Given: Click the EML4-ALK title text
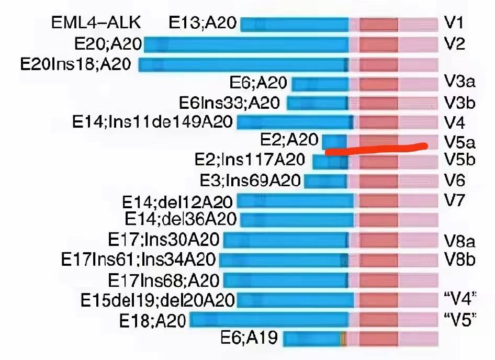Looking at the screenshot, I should (96, 23).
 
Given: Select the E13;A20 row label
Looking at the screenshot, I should (203, 23).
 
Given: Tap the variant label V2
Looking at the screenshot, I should (454, 43).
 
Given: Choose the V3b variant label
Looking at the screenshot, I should (459, 103).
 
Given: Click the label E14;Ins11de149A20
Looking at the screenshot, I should (152, 122).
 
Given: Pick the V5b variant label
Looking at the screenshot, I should (459, 159).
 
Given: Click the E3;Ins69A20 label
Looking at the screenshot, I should (250, 181).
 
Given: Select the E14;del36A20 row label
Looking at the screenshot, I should (181, 218).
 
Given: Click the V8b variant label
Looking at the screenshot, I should (459, 260).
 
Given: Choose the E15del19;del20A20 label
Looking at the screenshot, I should (157, 300).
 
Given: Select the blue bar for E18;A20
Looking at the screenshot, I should (269, 320).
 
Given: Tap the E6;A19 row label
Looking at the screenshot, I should (249, 339).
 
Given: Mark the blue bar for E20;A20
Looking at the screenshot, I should (246, 44).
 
